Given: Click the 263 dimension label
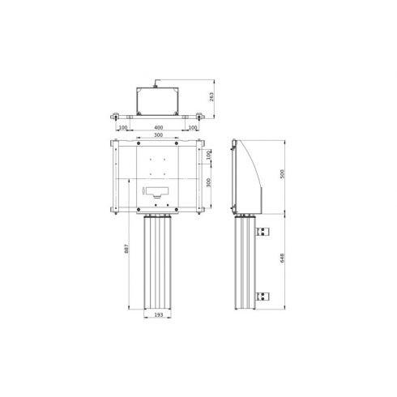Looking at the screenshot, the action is tap(211, 96).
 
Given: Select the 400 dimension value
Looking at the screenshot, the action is tap(159, 127).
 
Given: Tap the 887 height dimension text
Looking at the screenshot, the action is tap(126, 249).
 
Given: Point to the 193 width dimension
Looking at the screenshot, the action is tap(159, 315).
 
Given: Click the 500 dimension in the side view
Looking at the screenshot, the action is tap(282, 173).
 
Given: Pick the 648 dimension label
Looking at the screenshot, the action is tap(282, 258).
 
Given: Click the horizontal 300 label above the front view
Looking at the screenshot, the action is tap(158, 135).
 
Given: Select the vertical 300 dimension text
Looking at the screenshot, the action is tap(208, 183).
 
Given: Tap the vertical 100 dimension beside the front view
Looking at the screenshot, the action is tap(208, 156).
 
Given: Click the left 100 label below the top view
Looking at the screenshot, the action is tap(123, 127).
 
